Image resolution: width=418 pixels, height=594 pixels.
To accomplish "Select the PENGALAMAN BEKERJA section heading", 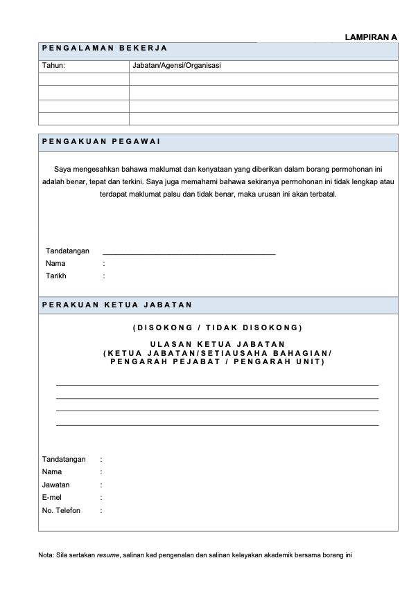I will click(104, 48).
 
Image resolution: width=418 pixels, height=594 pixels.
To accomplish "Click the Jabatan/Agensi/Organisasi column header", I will click(176, 66).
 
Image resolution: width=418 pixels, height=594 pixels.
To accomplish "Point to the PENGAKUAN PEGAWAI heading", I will click(101, 142).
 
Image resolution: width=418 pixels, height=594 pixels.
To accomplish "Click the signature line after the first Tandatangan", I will click(189, 253).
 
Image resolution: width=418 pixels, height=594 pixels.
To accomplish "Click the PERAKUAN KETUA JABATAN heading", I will click(117, 305).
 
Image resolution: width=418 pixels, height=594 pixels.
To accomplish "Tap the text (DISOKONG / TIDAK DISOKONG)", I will click(217, 327).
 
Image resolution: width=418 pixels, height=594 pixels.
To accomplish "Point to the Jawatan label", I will click(55, 485).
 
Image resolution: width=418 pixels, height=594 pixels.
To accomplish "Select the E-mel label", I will click(53, 497).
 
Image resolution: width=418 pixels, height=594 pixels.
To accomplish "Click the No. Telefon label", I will click(61, 510).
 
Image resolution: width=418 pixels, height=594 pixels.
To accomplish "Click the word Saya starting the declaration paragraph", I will click(62, 168).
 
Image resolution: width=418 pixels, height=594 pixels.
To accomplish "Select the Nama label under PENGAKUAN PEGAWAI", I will click(55, 263).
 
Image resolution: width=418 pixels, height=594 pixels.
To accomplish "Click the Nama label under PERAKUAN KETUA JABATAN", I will click(52, 471).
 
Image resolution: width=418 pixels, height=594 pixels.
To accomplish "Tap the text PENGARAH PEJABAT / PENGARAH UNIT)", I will click(217, 361).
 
